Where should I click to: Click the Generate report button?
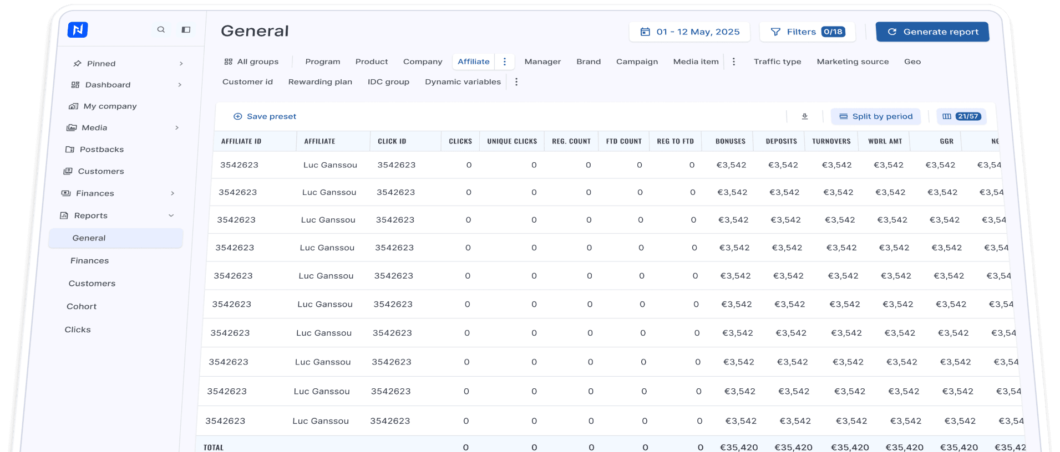(932, 32)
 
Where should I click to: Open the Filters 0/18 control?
(807, 32)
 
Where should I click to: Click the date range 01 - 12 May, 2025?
(689, 32)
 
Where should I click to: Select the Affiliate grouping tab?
(474, 61)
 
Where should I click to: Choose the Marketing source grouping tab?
(853, 61)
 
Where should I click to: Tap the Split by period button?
(876, 116)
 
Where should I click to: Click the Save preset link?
(265, 116)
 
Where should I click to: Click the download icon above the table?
(805, 116)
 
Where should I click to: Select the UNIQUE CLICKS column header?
(512, 141)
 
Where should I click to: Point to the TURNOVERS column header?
(831, 141)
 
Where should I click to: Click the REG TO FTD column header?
(675, 141)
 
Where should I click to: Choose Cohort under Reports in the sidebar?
(82, 306)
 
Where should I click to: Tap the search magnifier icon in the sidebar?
(161, 29)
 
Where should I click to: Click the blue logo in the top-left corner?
(78, 29)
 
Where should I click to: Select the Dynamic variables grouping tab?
(463, 82)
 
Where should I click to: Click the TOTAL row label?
(214, 448)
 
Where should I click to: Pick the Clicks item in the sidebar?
(78, 330)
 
